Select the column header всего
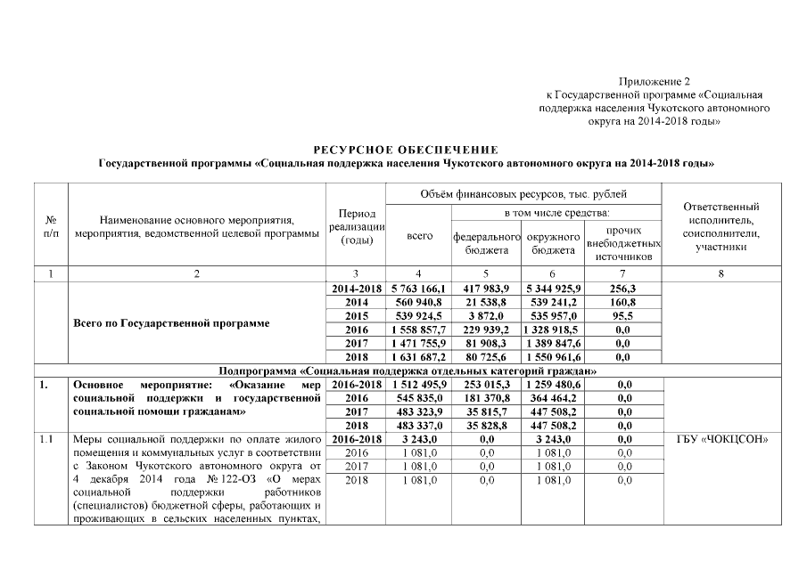tap(419, 237)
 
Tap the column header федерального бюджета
tap(486, 243)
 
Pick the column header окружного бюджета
tap(553, 243)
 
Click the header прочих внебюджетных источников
tap(623, 243)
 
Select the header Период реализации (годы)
tap(356, 228)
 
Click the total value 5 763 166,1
tap(418, 289)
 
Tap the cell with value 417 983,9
tap(486, 289)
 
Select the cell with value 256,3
tap(623, 289)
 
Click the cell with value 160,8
tap(623, 303)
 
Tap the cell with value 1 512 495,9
tap(418, 384)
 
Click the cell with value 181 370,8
tap(486, 397)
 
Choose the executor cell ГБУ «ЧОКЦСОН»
tap(721, 438)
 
